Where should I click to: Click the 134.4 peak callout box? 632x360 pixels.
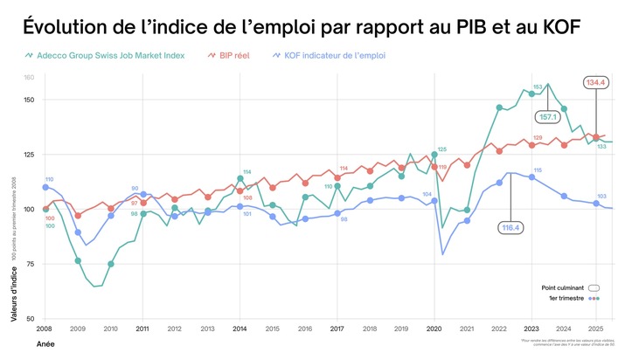pos(596,83)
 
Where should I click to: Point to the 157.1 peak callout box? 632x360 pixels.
pos(549,116)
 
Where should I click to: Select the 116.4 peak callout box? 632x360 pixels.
pos(510,228)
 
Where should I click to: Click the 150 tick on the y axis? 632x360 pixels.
pos(28,100)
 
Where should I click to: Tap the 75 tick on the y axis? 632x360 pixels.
pos(30,264)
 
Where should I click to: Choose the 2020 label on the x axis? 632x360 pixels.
pos(434,329)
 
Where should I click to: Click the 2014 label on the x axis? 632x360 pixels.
pos(240,329)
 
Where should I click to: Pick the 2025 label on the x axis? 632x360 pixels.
pos(596,329)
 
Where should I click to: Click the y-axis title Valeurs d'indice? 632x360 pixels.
pos(15,285)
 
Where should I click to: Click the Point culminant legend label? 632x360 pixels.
pos(562,287)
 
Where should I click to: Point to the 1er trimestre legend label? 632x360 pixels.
pos(566,298)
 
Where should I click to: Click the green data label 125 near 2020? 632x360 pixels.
pos(441,149)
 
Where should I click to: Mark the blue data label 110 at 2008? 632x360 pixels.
pos(49,179)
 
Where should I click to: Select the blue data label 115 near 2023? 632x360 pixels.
pos(538,170)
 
